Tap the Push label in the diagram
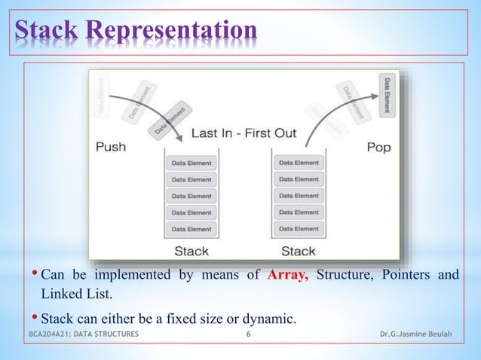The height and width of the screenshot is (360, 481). [x=110, y=147]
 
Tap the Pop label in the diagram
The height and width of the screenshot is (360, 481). [x=378, y=147]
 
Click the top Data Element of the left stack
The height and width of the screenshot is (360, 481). [x=191, y=163]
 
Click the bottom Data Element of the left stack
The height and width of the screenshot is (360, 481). [x=191, y=228]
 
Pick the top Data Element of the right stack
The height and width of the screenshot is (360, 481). [x=299, y=163]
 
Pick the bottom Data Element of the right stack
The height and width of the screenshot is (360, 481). [x=299, y=228]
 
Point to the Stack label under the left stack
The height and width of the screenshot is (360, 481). [x=191, y=250]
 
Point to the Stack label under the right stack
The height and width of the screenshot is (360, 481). [x=299, y=250]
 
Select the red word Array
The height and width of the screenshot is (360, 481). [x=287, y=274]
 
